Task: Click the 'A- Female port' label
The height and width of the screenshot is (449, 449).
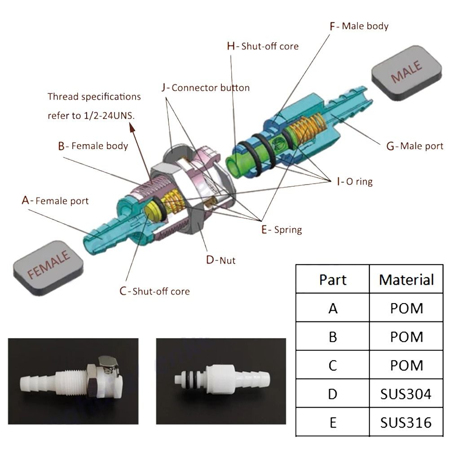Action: (x=55, y=200)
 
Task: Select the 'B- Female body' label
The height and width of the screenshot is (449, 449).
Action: (x=93, y=146)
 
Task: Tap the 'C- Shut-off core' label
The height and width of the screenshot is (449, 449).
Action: (x=154, y=291)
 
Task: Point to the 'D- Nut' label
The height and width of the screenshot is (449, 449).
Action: (x=220, y=260)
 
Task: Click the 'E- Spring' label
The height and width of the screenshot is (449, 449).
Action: (x=282, y=229)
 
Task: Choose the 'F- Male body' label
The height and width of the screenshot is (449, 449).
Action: (x=359, y=26)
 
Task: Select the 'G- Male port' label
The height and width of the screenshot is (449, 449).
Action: (x=415, y=146)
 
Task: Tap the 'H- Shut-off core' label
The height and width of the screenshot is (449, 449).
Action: (x=263, y=46)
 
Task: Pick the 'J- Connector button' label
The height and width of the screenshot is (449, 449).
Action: (x=206, y=88)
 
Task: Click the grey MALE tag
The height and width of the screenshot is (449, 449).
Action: (x=407, y=72)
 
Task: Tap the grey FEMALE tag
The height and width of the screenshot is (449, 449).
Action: (x=48, y=265)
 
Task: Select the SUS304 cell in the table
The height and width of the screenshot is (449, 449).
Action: (x=406, y=393)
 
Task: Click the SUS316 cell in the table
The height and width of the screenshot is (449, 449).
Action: (x=406, y=422)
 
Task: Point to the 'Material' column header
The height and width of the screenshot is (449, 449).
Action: (x=406, y=279)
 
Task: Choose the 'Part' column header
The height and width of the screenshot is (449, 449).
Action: (x=333, y=279)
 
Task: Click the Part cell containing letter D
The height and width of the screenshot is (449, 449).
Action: (x=333, y=393)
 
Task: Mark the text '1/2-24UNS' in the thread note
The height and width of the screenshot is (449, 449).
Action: (x=109, y=115)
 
